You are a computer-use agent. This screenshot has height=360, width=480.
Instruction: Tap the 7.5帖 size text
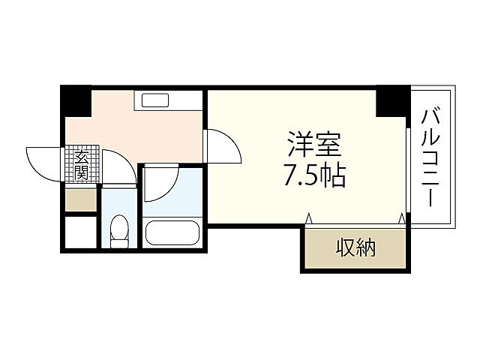[x=313, y=175]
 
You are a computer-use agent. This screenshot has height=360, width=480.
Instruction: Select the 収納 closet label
[x=355, y=247]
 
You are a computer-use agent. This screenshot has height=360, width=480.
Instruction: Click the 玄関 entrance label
[x=81, y=165]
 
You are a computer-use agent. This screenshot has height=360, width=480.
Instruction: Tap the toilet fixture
[x=118, y=231]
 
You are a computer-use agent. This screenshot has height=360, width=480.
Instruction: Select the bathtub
[x=172, y=232]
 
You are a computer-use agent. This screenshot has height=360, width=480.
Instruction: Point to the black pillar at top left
[x=76, y=101]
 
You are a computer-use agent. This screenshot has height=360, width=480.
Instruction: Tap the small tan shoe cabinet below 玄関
[x=81, y=199]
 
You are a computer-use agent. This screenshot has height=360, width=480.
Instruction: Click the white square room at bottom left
[x=80, y=233]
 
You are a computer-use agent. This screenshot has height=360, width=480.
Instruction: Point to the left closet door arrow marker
[x=308, y=219]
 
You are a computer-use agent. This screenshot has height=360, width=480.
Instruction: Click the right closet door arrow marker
[x=401, y=219]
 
